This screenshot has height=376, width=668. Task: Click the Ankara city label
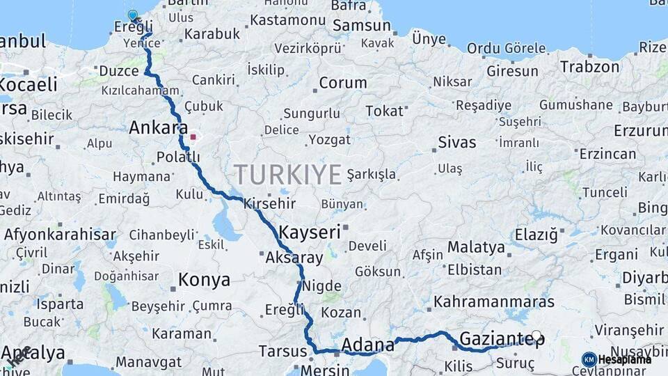point(158,127)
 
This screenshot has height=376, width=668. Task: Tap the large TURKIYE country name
point(287,173)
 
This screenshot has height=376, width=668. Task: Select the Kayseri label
point(310,232)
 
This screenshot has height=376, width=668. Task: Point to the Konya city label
point(204,280)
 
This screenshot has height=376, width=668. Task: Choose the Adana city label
point(368,344)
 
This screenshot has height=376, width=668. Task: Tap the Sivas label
point(457,143)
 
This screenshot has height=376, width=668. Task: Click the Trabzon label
point(589,68)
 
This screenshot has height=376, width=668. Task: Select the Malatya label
point(476,247)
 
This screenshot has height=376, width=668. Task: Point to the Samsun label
point(362,26)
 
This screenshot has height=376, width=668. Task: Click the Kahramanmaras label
point(494,302)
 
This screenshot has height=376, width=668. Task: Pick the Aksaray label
point(294,258)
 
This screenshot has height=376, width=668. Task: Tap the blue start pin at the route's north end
point(133,15)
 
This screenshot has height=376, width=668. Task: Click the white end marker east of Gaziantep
point(536,335)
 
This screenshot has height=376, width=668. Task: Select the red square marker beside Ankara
point(193,137)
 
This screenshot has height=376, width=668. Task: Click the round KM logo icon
point(589,359)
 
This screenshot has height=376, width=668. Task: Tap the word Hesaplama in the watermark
point(625,359)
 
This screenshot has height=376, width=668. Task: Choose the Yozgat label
point(330,140)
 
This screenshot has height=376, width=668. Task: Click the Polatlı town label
point(177,157)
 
